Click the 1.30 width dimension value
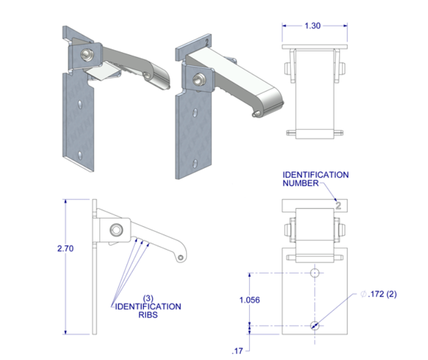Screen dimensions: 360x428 (x=314, y=26)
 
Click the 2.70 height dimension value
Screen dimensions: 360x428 (x=66, y=249)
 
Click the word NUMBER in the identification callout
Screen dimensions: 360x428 (x=300, y=182)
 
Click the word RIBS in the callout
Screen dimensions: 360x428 (x=148, y=315)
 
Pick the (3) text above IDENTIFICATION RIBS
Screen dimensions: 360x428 (x=148, y=298)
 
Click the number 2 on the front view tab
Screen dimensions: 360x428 (x=338, y=205)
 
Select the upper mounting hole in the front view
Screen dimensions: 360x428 (x=315, y=273)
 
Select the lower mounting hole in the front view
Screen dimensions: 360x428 (x=315, y=326)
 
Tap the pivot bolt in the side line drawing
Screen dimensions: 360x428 (x=115, y=229)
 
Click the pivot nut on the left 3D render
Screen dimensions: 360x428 (x=87, y=54)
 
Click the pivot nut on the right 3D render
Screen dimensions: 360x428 (x=198, y=79)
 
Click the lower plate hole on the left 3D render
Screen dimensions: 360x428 (x=81, y=154)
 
